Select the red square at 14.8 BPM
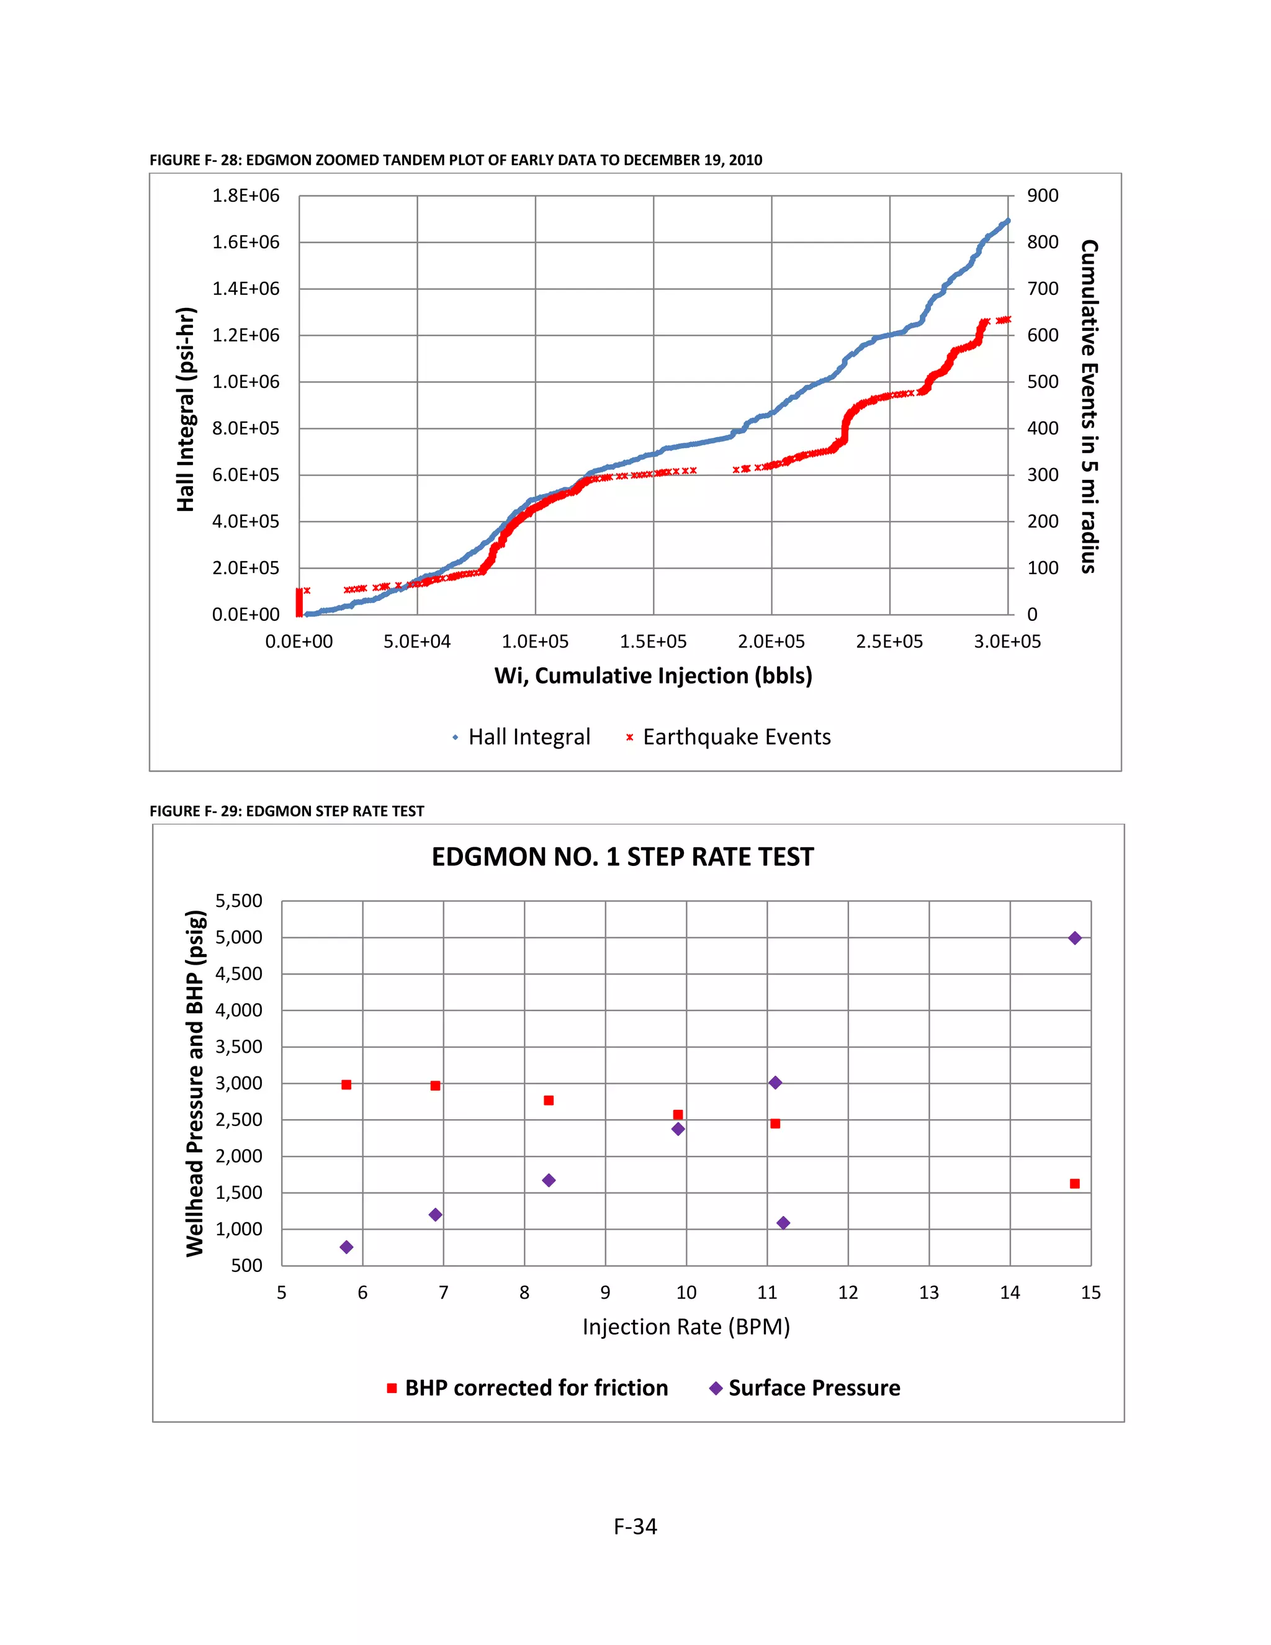pyautogui.click(x=1074, y=1184)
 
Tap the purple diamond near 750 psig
pyautogui.click(x=346, y=1247)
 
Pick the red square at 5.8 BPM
pyautogui.click(x=346, y=1084)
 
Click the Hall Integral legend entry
pyautogui.click(x=521, y=737)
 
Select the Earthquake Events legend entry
pyautogui.click(x=728, y=737)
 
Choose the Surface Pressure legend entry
pyautogui.click(x=805, y=1388)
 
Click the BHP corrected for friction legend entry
pyautogui.click(x=527, y=1388)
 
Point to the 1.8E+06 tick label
pyautogui.click(x=246, y=196)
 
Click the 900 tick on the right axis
pyautogui.click(x=1043, y=196)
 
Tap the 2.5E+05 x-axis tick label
pyautogui.click(x=889, y=642)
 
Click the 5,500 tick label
pyautogui.click(x=239, y=901)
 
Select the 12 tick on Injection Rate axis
pyautogui.click(x=848, y=1292)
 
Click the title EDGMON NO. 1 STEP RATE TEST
pyautogui.click(x=622, y=857)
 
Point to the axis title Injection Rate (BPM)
pyautogui.click(x=686, y=1327)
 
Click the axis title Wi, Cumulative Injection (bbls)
pyautogui.click(x=653, y=675)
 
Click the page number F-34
pyautogui.click(x=635, y=1527)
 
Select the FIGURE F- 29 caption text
pyautogui.click(x=287, y=811)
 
